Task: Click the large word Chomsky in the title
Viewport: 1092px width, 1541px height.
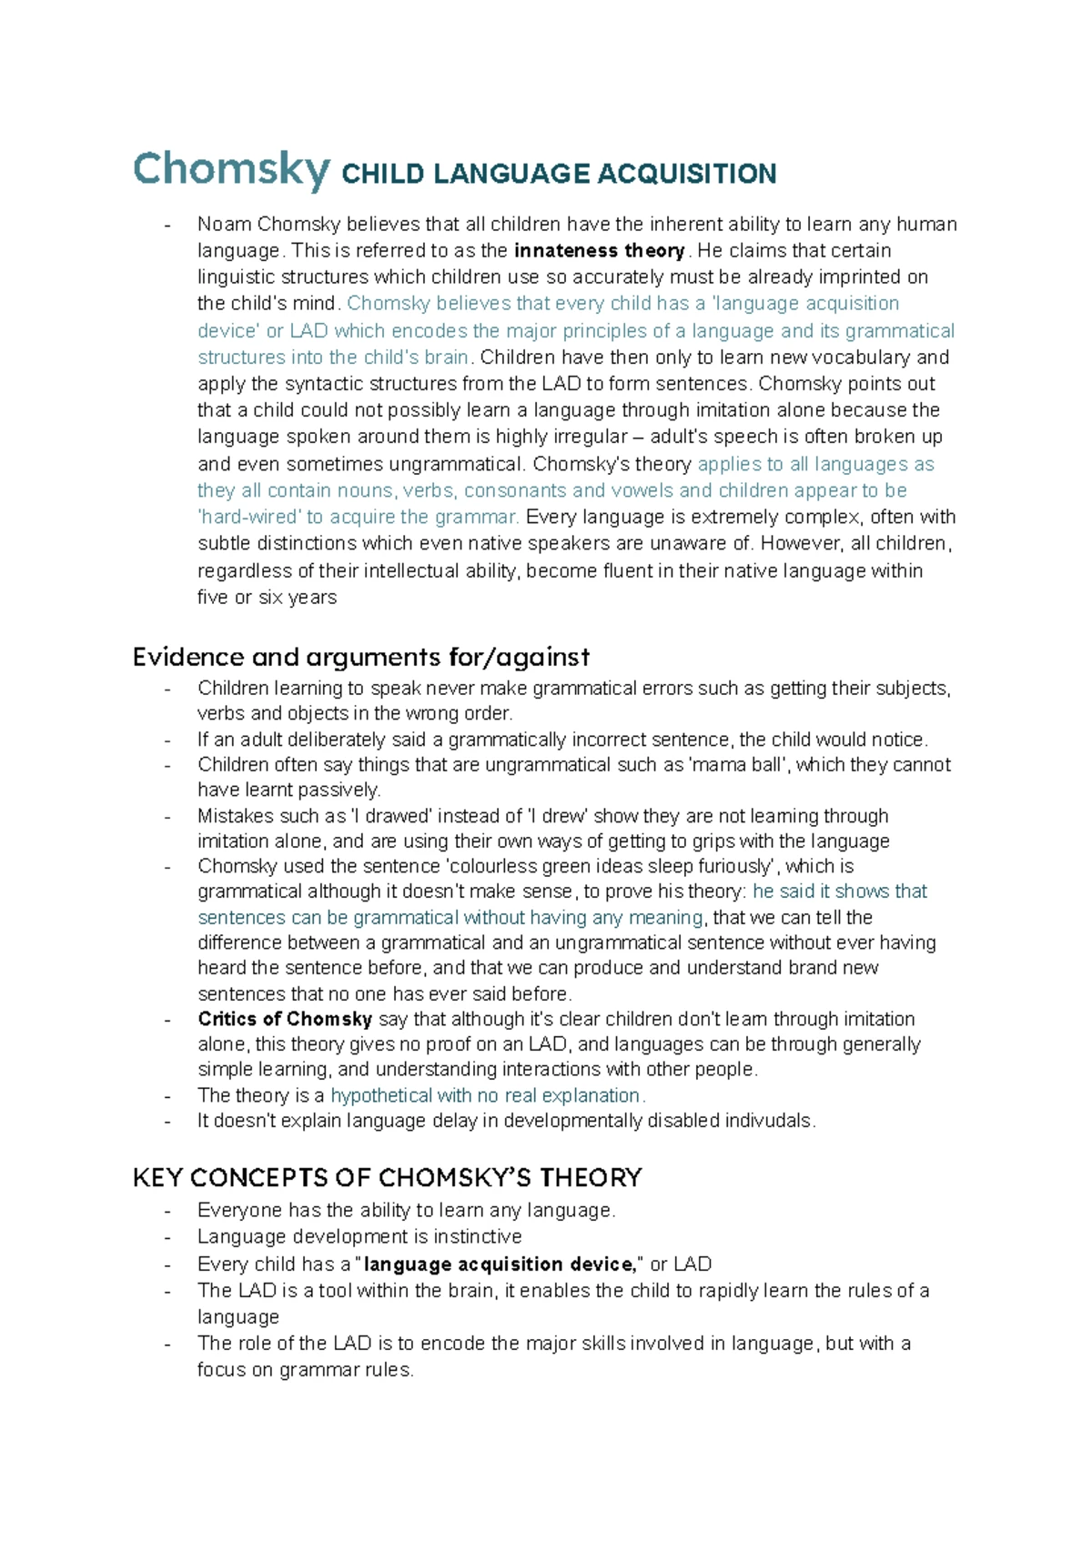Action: (231, 169)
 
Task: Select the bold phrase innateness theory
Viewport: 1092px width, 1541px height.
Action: (600, 250)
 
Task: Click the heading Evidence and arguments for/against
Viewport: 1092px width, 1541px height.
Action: (360, 657)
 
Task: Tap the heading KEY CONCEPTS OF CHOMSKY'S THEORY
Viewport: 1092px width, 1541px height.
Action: (387, 1178)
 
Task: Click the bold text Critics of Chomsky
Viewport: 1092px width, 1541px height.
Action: (285, 1019)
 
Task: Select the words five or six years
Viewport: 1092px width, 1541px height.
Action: (267, 598)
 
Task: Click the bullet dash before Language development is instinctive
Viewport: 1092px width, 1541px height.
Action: (167, 1237)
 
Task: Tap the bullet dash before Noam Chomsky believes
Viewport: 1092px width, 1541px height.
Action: (167, 225)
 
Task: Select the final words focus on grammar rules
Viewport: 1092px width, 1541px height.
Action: (305, 1370)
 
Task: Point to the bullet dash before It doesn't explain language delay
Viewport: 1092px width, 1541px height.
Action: (167, 1121)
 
